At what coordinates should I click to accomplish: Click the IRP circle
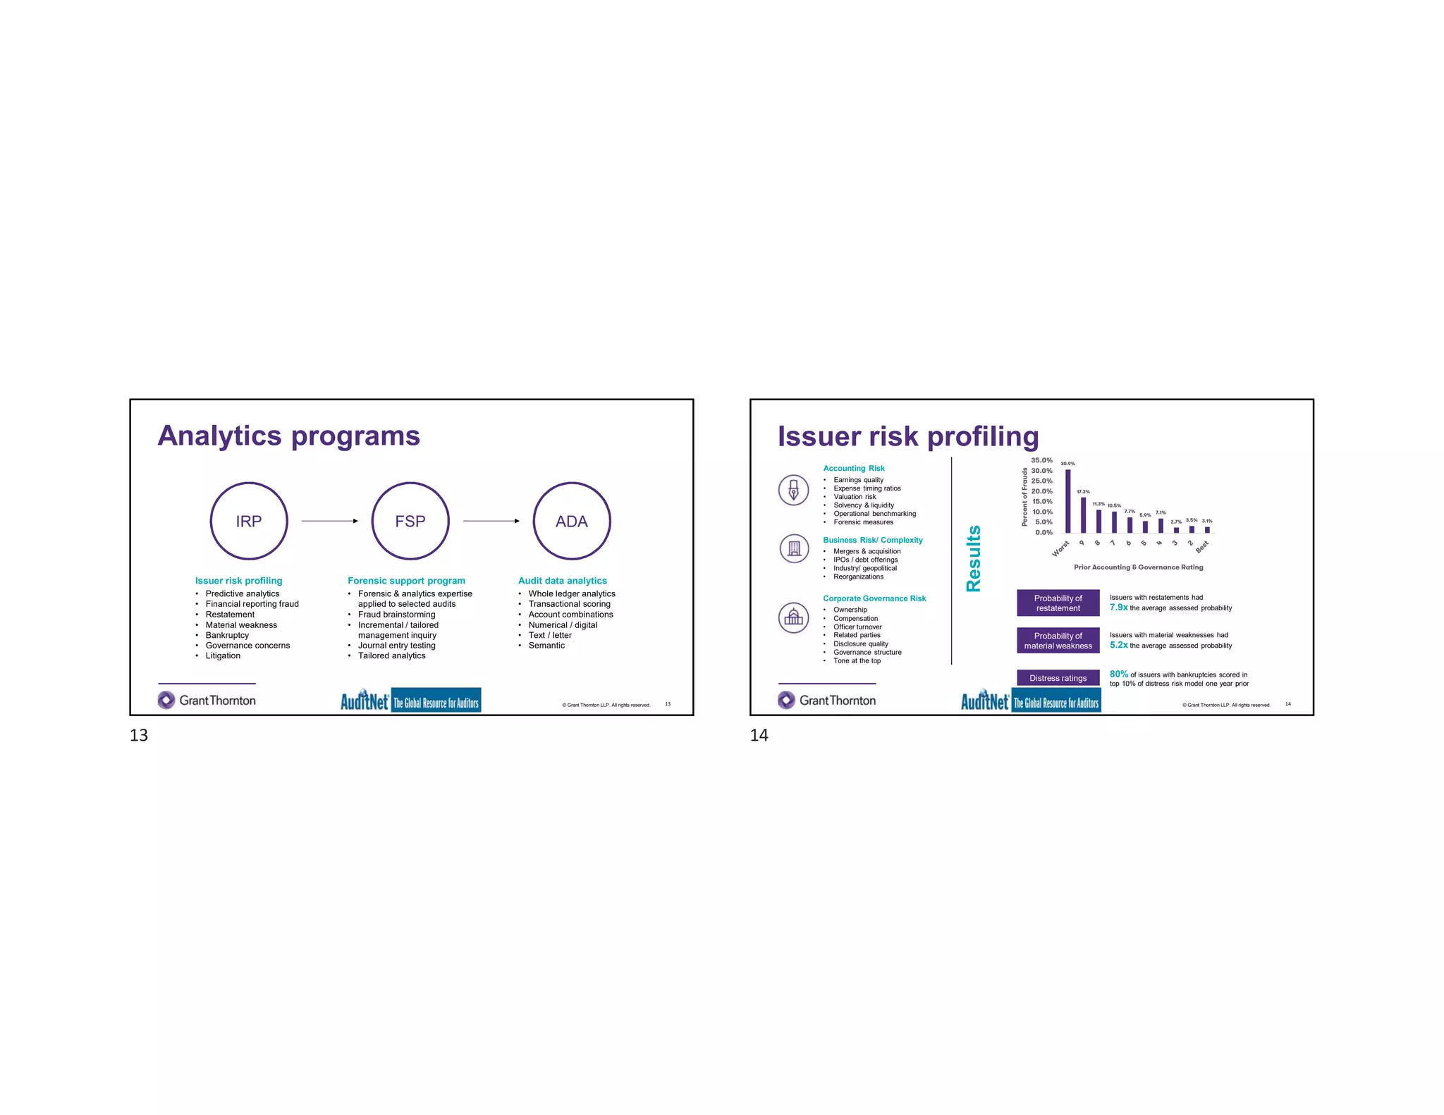249,521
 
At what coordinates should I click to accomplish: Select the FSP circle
410,521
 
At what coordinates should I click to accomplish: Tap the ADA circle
572,521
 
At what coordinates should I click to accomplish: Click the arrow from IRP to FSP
329,521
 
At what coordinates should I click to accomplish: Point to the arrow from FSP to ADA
491,521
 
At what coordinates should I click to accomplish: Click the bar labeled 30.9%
1067,501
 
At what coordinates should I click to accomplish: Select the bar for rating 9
1083,515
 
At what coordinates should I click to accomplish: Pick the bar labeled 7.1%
1161,526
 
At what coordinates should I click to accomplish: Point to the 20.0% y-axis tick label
1041,491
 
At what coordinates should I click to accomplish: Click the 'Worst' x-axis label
1060,548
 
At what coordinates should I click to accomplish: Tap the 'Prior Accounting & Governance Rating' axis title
1138,567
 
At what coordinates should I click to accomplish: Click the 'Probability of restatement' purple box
1058,603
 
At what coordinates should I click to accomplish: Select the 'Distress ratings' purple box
1058,678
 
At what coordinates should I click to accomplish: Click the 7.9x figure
1118,608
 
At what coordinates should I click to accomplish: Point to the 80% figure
1118,674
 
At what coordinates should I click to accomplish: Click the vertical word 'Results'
974,558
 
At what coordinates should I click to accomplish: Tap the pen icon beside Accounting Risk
794,490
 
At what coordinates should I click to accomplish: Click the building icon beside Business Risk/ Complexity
794,548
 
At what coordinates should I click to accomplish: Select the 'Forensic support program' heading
406,581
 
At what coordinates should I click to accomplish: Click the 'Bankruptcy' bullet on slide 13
227,635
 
